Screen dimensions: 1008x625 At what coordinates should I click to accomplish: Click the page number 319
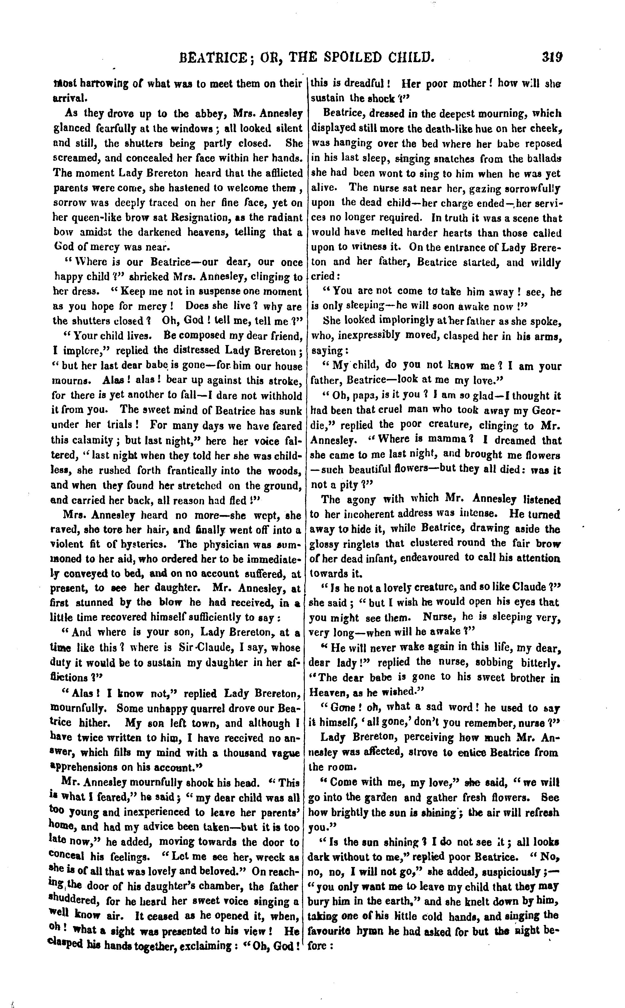(x=552, y=56)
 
